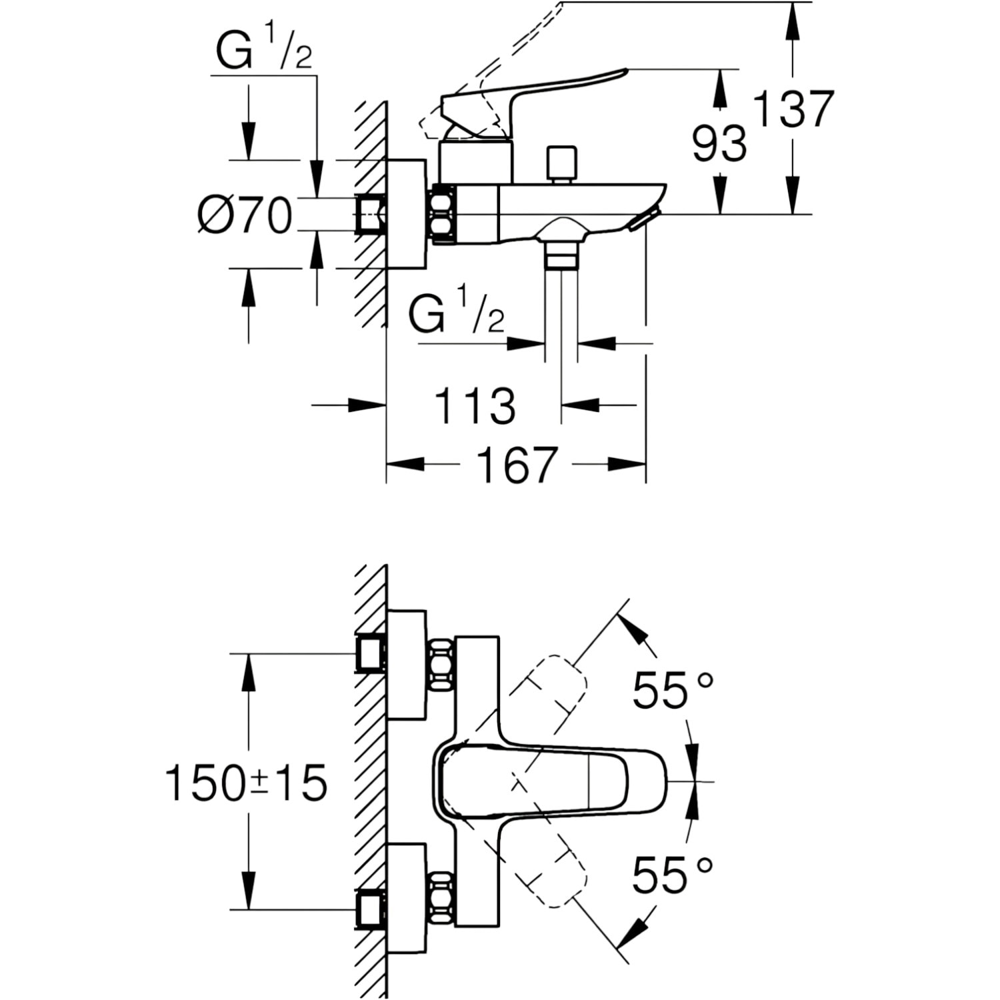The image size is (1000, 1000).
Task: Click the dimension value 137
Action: (793, 109)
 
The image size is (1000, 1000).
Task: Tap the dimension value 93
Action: (719, 143)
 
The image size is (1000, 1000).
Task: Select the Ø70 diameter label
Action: (245, 215)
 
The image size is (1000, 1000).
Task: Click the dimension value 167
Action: (517, 465)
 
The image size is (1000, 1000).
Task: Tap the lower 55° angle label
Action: (673, 874)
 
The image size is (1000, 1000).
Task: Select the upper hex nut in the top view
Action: (442, 665)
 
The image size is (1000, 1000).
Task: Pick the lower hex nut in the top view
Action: (442, 897)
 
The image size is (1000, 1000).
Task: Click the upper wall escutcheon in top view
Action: (406, 665)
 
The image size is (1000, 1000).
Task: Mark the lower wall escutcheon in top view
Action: (406, 898)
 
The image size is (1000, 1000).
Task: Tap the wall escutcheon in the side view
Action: (406, 214)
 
